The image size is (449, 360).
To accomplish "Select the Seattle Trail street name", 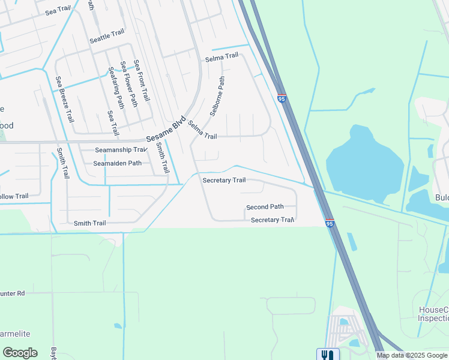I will click(x=107, y=37).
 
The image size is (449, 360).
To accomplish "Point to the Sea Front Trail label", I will click(x=142, y=80).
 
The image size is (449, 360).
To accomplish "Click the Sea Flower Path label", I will click(x=129, y=83).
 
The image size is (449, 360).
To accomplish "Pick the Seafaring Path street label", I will click(x=116, y=88).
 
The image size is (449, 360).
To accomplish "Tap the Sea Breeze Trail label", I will click(x=65, y=99).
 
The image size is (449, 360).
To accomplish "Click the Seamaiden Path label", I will click(x=117, y=163).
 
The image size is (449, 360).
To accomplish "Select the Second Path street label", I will click(x=265, y=207).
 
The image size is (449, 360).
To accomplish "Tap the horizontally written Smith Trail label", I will click(x=89, y=223).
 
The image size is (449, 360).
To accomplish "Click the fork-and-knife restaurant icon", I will click(x=328, y=355).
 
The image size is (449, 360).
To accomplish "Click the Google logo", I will click(x=20, y=353).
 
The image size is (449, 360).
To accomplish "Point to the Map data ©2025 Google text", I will click(x=412, y=355).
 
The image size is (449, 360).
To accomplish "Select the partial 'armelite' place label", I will click(x=15, y=334).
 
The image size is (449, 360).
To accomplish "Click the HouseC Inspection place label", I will click(x=433, y=314).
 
